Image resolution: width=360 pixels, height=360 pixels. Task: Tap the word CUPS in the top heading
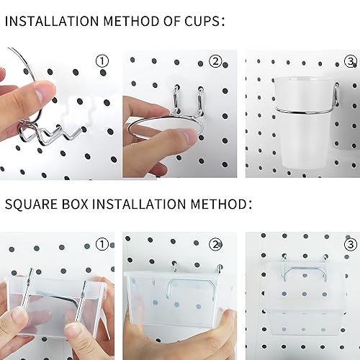coord(199,22)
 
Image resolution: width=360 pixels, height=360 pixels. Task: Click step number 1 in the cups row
coord(102,61)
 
